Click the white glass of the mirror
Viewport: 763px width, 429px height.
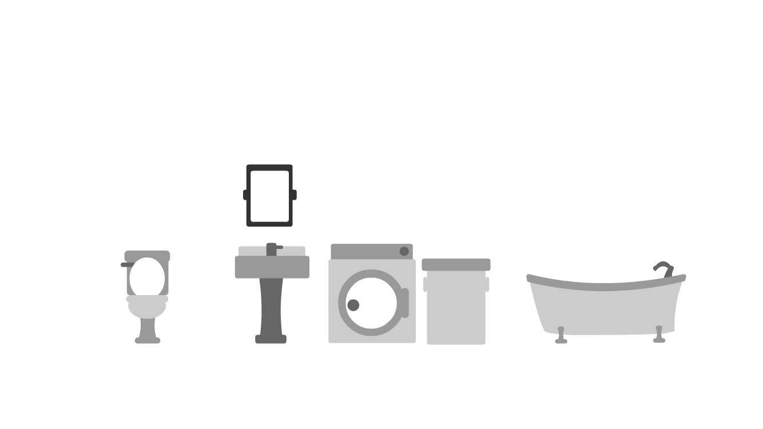[269, 196]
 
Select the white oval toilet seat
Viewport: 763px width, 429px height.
[147, 277]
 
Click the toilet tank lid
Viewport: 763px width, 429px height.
[147, 255]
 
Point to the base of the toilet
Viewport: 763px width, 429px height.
[148, 340]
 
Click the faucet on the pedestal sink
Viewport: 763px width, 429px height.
[272, 249]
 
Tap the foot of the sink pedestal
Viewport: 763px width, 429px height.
[271, 339]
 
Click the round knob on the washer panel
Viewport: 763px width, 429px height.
[404, 251]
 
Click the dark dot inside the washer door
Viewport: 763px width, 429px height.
[353, 305]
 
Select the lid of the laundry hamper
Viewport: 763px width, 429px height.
[456, 264]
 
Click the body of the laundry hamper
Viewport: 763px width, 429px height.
[456, 309]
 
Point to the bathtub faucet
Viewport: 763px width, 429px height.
[663, 267]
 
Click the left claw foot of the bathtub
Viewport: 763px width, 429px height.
[561, 336]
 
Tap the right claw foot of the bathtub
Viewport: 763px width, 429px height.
[659, 335]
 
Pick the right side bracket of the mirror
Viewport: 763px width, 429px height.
[294, 194]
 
